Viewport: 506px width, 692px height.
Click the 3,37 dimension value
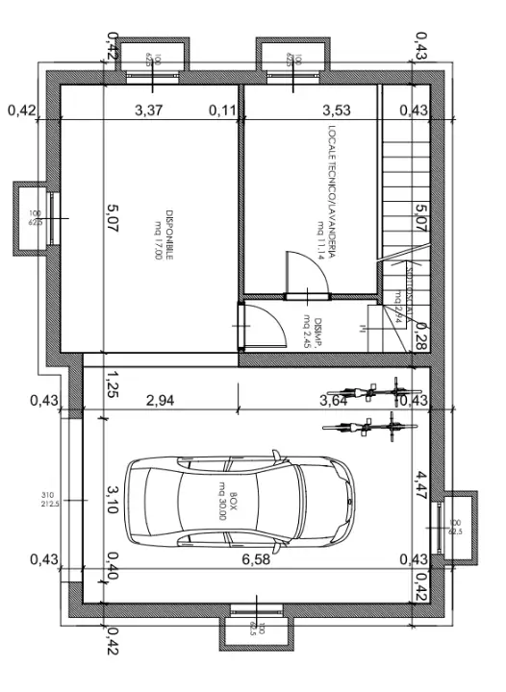pos(149,111)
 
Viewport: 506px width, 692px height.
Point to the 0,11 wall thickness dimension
pos(223,111)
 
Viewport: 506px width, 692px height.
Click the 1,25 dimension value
pos(112,384)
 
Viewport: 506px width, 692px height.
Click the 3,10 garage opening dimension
pos(112,501)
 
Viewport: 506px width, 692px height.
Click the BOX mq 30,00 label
pos(224,503)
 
